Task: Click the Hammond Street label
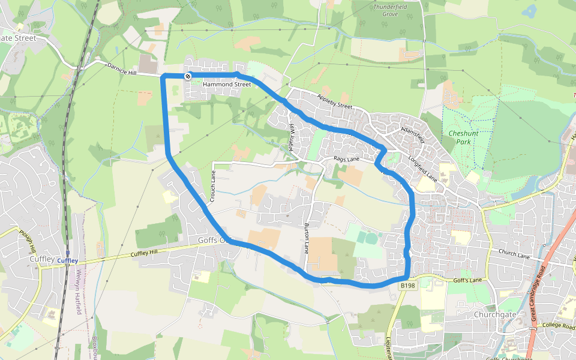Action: point(226,85)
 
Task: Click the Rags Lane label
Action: point(346,160)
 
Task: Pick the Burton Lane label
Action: point(307,236)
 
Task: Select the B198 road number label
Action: point(408,286)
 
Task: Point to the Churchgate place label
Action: point(495,314)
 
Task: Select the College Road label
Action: point(559,325)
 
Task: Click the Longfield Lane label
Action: point(422,170)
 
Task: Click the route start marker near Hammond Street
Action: point(188,76)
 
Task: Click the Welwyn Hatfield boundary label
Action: point(79,294)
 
